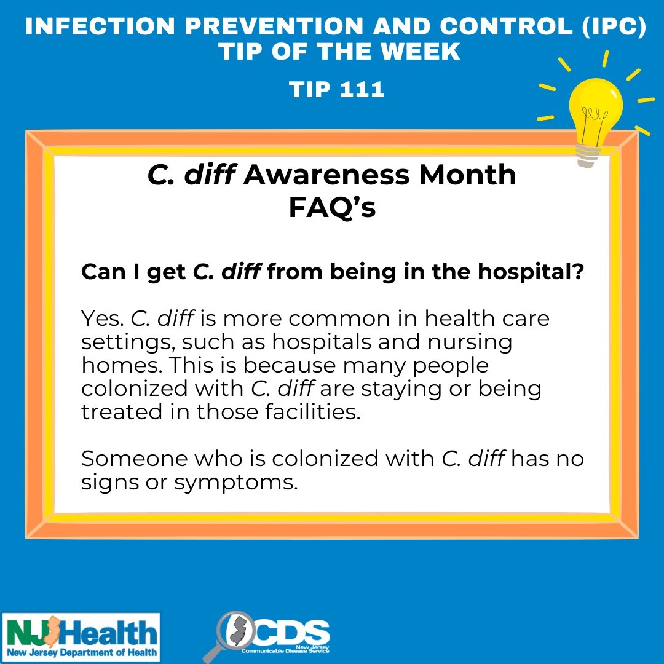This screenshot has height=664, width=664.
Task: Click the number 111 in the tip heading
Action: (362, 89)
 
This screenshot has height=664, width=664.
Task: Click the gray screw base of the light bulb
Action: (588, 156)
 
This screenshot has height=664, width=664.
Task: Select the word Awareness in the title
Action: (326, 175)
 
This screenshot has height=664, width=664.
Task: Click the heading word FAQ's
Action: (332, 207)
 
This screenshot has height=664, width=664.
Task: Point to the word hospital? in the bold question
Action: (531, 272)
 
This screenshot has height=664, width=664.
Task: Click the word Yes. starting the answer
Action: (103, 318)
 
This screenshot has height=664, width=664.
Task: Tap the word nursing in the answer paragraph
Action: (470, 342)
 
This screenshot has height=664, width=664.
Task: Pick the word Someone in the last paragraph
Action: (134, 459)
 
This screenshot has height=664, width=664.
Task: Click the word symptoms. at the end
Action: (236, 483)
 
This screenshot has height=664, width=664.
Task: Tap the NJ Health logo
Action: (81, 638)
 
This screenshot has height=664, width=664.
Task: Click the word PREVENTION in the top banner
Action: (274, 26)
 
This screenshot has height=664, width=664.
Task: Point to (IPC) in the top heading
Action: (614, 26)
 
